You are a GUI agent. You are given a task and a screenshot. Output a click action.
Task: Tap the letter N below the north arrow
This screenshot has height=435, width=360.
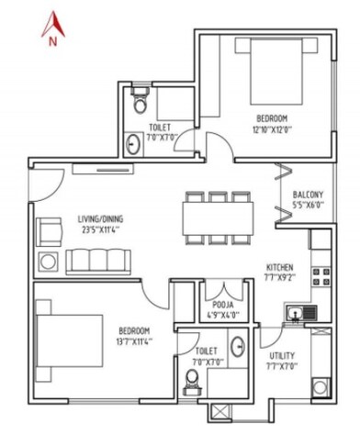[52, 39]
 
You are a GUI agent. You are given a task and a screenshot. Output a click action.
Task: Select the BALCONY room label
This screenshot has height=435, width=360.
[307, 195]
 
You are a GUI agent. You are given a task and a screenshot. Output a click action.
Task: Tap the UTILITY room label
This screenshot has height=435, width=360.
[282, 355]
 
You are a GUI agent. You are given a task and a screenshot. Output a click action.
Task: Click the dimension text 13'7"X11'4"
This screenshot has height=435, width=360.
[135, 340]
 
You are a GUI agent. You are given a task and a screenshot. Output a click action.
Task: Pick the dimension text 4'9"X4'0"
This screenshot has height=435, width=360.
[221, 315]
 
